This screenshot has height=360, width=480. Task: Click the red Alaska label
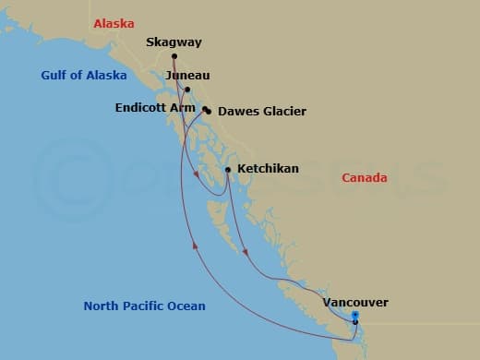click(x=114, y=23)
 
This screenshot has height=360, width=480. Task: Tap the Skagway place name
click(x=174, y=42)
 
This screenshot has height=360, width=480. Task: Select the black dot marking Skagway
click(x=174, y=56)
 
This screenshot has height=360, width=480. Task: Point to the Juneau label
click(x=188, y=75)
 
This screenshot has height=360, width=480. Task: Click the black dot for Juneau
click(x=187, y=90)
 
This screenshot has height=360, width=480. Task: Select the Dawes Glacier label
click(x=262, y=112)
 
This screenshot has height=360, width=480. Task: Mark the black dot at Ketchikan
click(x=228, y=169)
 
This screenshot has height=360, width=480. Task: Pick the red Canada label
click(x=365, y=178)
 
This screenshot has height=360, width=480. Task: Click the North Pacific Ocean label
click(x=144, y=306)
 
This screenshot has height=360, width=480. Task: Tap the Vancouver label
click(x=355, y=302)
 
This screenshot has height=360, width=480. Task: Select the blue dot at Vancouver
click(x=355, y=316)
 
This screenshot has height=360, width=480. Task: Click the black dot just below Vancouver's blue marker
click(x=355, y=322)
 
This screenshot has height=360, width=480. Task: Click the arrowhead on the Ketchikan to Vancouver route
click(x=245, y=251)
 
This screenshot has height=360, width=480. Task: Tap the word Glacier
click(x=284, y=112)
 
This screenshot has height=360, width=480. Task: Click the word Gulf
click(x=54, y=76)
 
